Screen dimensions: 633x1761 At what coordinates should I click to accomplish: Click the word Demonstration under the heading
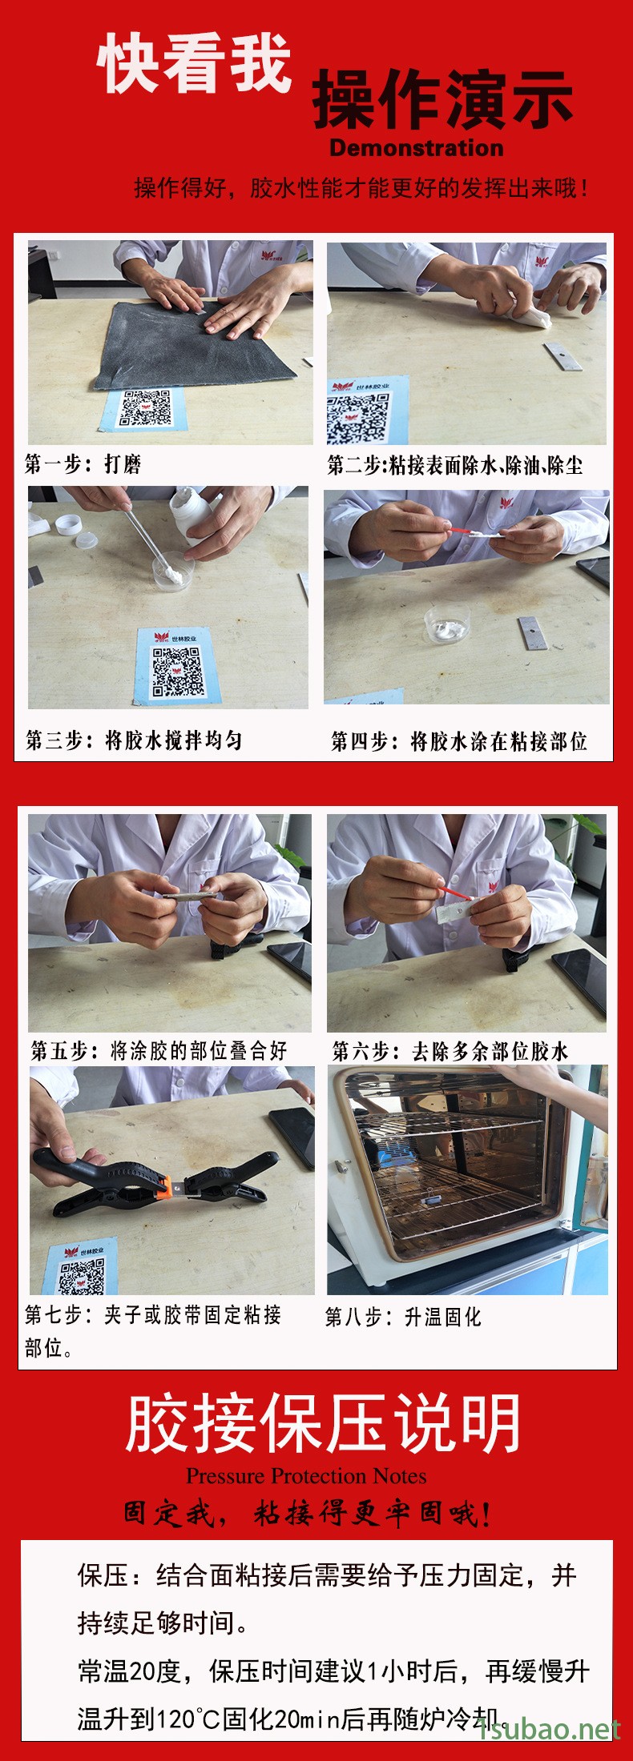[417, 148]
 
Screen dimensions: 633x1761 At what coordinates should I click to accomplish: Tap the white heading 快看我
[194, 63]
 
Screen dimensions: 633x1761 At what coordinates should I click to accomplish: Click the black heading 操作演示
[442, 99]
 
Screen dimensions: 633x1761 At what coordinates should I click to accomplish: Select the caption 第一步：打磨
[83, 464]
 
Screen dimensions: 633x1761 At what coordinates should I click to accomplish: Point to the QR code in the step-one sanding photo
[145, 408]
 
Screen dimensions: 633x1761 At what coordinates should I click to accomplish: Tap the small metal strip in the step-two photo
[562, 356]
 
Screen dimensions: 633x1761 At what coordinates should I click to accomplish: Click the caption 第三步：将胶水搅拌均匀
[134, 740]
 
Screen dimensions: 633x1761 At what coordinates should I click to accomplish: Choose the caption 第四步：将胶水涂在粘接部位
[459, 742]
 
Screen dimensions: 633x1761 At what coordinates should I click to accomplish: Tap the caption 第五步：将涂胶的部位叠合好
[159, 1051]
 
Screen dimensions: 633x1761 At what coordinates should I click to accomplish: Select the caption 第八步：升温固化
[403, 1317]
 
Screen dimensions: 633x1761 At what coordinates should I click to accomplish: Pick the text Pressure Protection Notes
[306, 1475]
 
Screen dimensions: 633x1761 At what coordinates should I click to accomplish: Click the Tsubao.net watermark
[550, 1729]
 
